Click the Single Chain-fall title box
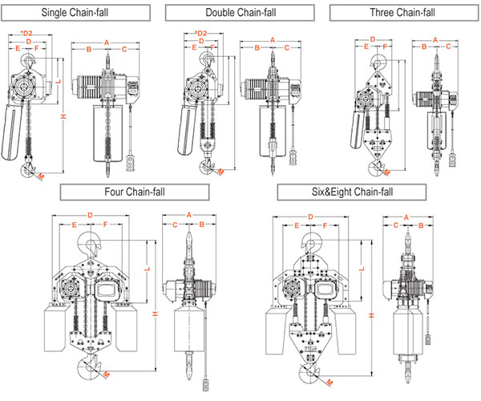pyautogui.click(x=75, y=13)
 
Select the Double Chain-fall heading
pyautogui.click(x=240, y=13)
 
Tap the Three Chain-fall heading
pyautogui.click(x=404, y=13)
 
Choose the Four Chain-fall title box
pyautogui.click(x=135, y=192)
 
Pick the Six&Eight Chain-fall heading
pyautogui.click(x=352, y=192)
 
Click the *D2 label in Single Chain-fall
pyautogui.click(x=26, y=33)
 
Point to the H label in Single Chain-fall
pyautogui.click(x=63, y=116)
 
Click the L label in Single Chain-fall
pyautogui.click(x=59, y=81)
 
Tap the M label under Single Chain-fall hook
pyautogui.click(x=41, y=176)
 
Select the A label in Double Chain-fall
pyautogui.click(x=272, y=40)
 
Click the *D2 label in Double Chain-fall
pyautogui.click(x=201, y=33)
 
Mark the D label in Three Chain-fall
pyautogui.click(x=373, y=39)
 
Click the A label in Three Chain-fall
pyautogui.click(x=435, y=40)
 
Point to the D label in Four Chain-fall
pyautogui.click(x=90, y=215)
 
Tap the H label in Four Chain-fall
pyautogui.click(x=156, y=314)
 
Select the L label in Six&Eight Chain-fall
pyautogui.click(x=362, y=269)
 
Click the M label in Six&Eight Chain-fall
pyautogui.click(x=329, y=383)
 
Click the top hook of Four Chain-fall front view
pyautogui.click(x=90, y=245)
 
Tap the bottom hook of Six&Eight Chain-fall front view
pyautogui.click(x=309, y=371)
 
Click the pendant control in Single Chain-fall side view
pyautogui.click(x=131, y=163)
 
